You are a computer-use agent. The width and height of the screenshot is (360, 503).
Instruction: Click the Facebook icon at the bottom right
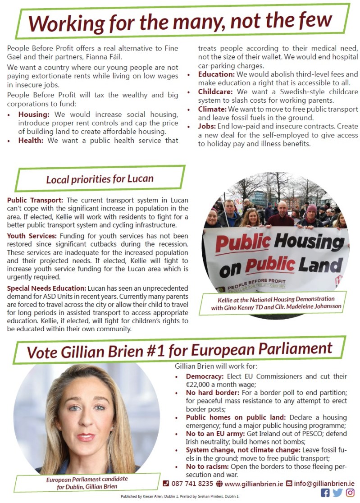point(325,493)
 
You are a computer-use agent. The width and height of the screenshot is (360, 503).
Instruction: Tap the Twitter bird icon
point(337,493)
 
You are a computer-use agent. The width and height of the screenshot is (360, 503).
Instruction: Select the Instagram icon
point(350,493)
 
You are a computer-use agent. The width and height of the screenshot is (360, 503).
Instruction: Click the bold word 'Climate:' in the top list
point(212,109)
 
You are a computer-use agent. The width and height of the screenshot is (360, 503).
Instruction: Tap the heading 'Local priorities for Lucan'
point(100,179)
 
